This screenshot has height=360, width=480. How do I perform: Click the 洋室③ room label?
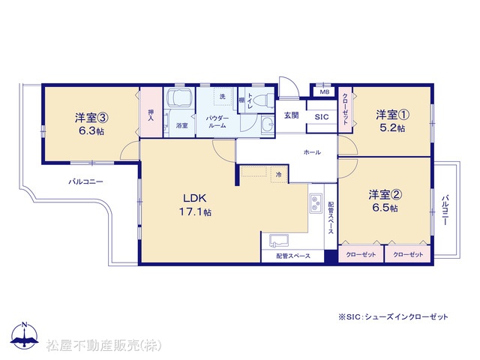pos(91,118)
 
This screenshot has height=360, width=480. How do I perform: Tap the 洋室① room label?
pos(393,115)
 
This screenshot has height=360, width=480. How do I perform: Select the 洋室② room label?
pos(385,195)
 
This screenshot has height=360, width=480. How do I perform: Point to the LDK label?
pos(195,198)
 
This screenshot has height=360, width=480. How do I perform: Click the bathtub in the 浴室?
pos(179,97)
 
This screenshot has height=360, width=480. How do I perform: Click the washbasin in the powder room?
pos(268,124)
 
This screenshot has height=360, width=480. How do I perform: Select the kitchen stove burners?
pos(316,203)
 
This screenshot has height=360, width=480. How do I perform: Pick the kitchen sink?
pos(278,241)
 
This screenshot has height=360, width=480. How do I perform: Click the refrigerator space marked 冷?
pos(279,175)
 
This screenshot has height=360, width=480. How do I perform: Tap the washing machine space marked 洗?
pos(223,97)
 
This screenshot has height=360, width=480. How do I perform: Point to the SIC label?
pos(322,117)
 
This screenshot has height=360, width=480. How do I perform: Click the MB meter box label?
pos(325,91)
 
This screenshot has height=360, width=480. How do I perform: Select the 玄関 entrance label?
pos(291,115)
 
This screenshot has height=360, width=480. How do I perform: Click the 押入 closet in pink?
pos(151,112)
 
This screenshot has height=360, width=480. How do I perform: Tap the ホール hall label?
pos(312,152)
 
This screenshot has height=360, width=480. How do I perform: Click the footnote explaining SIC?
pos(393,316)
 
